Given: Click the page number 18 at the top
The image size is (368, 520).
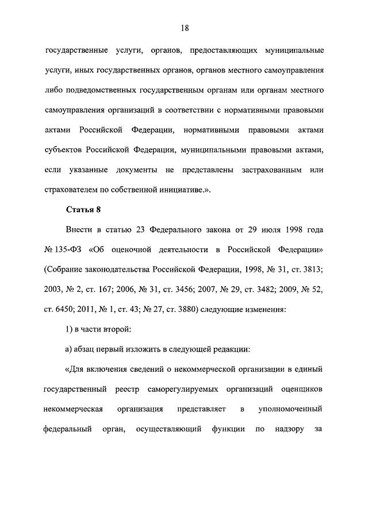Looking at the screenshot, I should pos(184,27).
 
